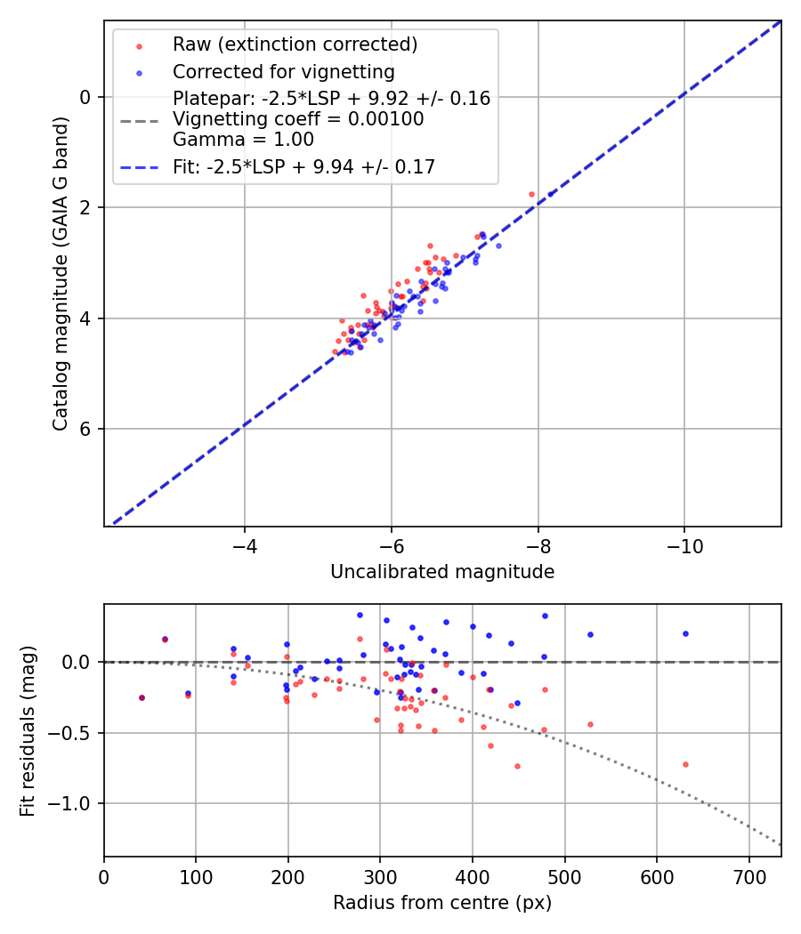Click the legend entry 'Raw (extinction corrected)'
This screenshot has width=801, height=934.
coord(295,44)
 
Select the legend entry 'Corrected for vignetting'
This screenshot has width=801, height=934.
coord(283,71)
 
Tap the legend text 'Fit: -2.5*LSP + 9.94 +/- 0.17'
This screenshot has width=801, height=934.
coord(303,165)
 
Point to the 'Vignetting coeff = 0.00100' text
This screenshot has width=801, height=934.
coord(298,119)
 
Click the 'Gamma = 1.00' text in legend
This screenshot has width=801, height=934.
coord(243,140)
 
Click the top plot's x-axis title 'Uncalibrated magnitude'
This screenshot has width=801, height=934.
coord(442,572)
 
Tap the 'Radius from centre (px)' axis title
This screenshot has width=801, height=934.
coord(442,903)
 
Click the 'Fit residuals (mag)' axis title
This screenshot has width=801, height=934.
coord(28,730)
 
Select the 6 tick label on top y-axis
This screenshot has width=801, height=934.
coord(85,429)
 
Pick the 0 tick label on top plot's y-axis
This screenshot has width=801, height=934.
coord(85,97)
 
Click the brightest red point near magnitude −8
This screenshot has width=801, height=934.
coord(531,194)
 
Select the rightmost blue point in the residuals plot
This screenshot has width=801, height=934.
coord(685,633)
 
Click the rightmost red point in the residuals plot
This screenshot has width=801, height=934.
coord(685,764)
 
